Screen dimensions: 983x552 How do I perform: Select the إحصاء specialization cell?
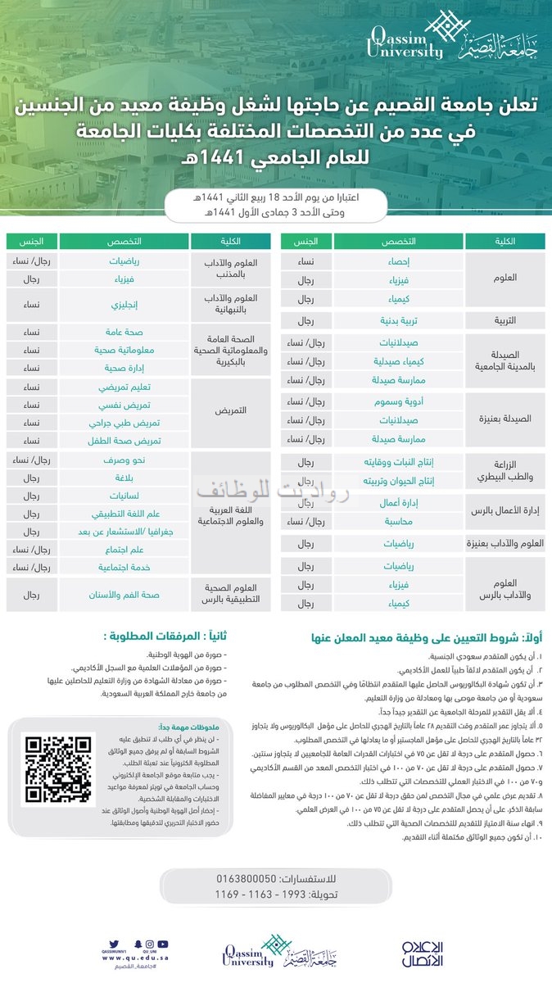point(398,261)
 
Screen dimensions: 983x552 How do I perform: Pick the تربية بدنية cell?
point(398,321)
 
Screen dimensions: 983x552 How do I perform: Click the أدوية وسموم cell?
point(398,401)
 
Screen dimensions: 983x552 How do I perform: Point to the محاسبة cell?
point(398,520)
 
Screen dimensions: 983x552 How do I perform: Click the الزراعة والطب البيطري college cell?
point(505,470)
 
